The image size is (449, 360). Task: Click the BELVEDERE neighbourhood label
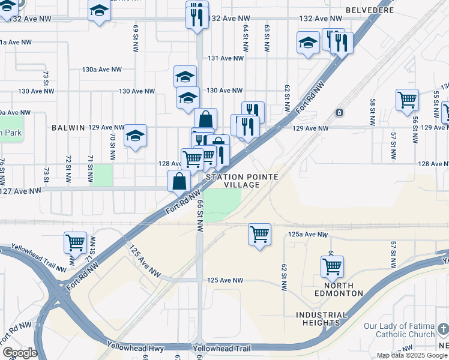370,10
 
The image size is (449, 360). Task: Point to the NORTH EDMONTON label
339,289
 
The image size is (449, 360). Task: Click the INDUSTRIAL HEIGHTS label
321,319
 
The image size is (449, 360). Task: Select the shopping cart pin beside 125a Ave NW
259,233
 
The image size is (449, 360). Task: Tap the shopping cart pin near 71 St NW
75,242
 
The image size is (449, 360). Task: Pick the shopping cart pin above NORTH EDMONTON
332,265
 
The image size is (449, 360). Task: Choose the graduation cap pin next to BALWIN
136,136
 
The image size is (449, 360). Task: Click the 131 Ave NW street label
226,58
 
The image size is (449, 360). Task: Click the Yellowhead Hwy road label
135,346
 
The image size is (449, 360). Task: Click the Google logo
19,353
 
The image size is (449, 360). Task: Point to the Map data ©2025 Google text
412,355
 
